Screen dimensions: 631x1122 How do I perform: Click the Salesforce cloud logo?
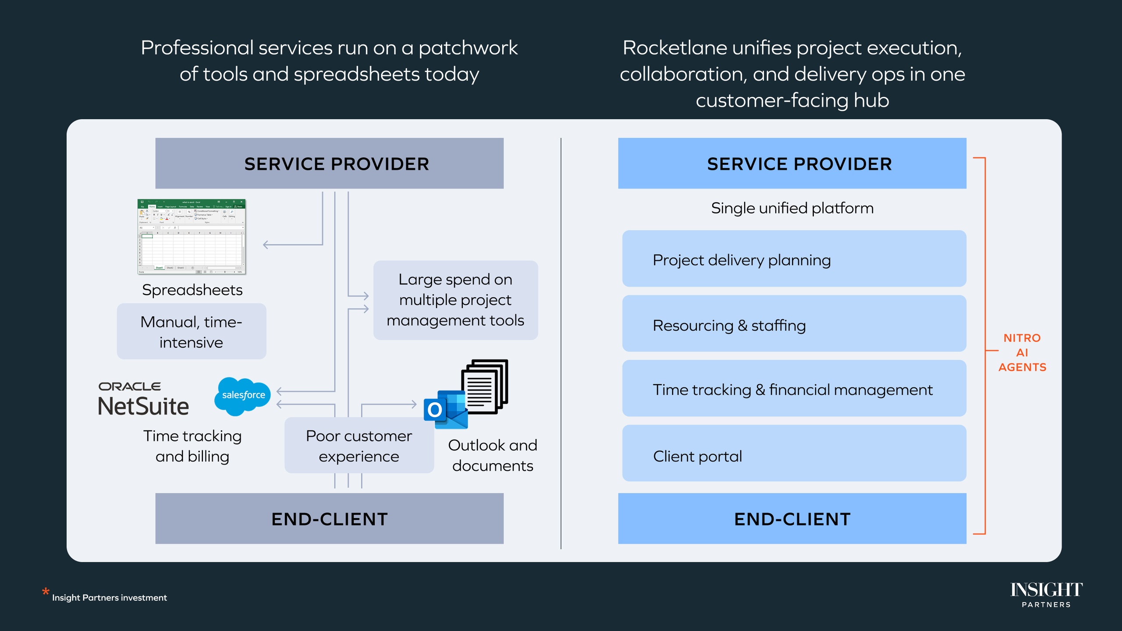(x=242, y=396)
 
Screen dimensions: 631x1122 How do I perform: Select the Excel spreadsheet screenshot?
(x=192, y=237)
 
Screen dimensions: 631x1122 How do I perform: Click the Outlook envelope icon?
(x=445, y=410)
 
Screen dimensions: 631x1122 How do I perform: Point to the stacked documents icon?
(x=485, y=386)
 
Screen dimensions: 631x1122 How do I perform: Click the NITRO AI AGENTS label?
(x=1022, y=352)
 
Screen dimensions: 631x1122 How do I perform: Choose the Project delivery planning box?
(x=794, y=259)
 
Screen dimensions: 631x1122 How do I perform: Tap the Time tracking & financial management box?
(x=794, y=389)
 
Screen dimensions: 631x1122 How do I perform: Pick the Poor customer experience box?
(x=359, y=446)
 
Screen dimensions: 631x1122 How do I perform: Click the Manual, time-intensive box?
(x=192, y=332)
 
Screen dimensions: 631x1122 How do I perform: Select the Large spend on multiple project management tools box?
(x=455, y=300)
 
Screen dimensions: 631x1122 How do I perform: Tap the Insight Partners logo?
(x=1046, y=594)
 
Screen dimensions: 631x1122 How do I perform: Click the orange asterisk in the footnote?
(x=46, y=592)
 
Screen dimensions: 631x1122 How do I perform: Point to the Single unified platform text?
(x=792, y=208)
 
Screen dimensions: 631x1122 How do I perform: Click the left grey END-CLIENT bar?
(x=329, y=519)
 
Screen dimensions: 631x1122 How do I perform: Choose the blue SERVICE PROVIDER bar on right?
(x=792, y=163)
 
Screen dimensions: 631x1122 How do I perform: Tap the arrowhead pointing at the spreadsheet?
(x=266, y=245)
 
